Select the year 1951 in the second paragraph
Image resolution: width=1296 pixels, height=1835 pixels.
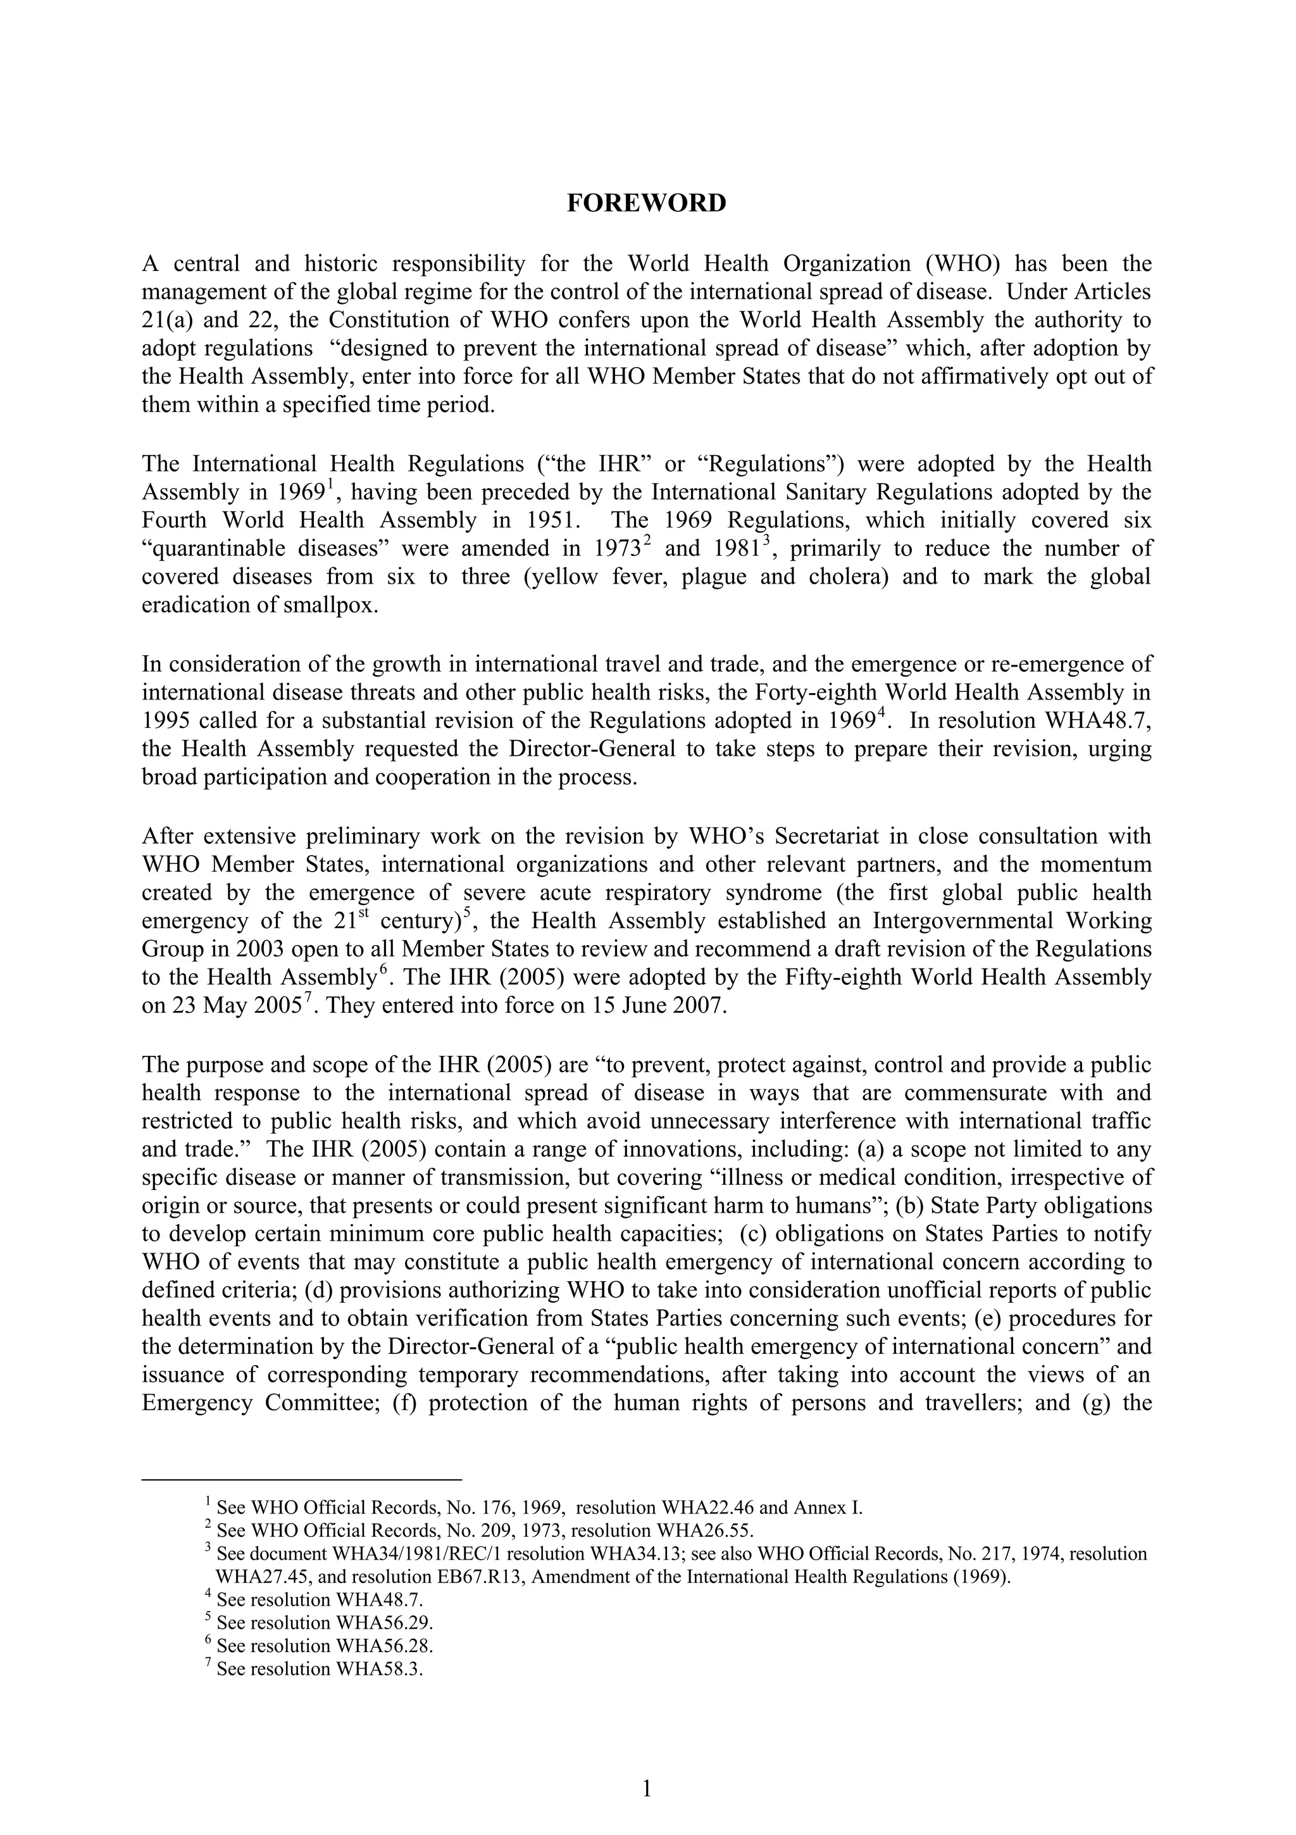pyautogui.click(x=549, y=520)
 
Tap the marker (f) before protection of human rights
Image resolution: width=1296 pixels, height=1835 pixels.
pyautogui.click(x=406, y=1403)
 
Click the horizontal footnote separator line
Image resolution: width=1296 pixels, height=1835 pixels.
pyautogui.click(x=302, y=1479)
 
